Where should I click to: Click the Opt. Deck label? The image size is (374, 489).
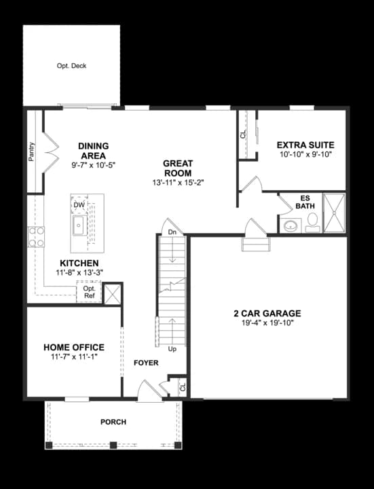pyautogui.click(x=71, y=66)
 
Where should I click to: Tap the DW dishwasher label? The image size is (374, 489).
pyautogui.click(x=79, y=205)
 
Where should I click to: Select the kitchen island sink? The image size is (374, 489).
pyautogui.click(x=80, y=225)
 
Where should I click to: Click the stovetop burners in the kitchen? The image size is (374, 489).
pyautogui.click(x=36, y=237)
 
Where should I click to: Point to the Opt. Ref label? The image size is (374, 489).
pyautogui.click(x=89, y=292)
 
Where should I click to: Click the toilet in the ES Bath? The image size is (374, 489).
pyautogui.click(x=312, y=223)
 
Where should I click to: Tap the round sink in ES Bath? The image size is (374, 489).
pyautogui.click(x=291, y=225)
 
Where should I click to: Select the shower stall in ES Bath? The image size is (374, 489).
pyautogui.click(x=334, y=213)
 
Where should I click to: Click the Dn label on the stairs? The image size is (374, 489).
pyautogui.click(x=172, y=232)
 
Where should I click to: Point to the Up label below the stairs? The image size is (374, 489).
pyautogui.click(x=172, y=349)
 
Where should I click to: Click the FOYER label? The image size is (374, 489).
pyautogui.click(x=146, y=363)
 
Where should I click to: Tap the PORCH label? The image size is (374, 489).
pyautogui.click(x=113, y=422)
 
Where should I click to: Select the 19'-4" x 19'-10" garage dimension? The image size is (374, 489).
pyautogui.click(x=267, y=323)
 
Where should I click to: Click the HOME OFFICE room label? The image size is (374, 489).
pyautogui.click(x=74, y=348)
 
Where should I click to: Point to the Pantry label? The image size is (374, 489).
pyautogui.click(x=31, y=152)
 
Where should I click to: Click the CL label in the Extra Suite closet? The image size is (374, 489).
pyautogui.click(x=243, y=134)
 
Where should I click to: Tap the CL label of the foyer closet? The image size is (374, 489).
pyautogui.click(x=183, y=387)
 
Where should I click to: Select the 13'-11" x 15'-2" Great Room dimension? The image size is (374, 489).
pyautogui.click(x=178, y=183)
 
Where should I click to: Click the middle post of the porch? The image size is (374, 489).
pyautogui.click(x=113, y=445)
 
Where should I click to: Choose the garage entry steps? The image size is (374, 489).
pyautogui.click(x=256, y=244)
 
